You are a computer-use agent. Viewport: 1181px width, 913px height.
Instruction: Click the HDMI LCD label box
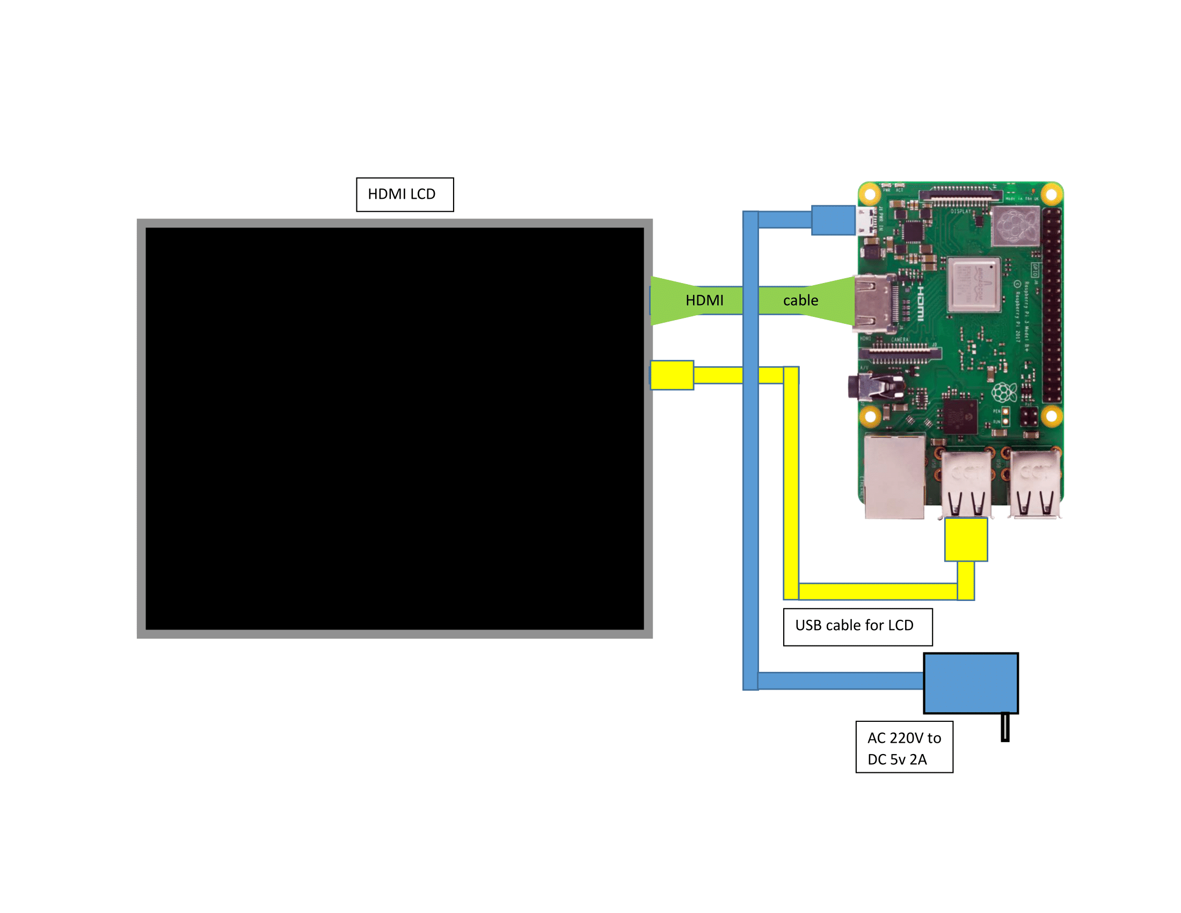pos(404,194)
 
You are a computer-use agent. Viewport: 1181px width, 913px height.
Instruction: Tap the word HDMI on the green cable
pos(704,300)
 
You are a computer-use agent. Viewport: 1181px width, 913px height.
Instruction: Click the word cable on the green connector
pos(800,300)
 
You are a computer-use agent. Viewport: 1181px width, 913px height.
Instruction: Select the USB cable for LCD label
pos(857,626)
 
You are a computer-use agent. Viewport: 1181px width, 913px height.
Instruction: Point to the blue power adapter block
pos(970,683)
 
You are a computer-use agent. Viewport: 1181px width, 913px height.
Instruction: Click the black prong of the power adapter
pos(1005,727)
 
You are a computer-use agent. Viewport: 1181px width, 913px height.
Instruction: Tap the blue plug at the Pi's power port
pos(833,220)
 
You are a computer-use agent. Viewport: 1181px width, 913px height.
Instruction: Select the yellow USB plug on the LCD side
pos(672,375)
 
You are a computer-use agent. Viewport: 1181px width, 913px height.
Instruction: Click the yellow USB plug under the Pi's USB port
pos(966,539)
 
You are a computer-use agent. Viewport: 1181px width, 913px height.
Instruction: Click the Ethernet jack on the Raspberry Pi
pos(894,476)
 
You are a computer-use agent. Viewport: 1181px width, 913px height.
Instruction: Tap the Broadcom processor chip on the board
pos(973,285)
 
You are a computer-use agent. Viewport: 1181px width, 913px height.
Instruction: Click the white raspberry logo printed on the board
pos(1004,391)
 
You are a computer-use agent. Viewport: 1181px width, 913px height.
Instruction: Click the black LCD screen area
pos(394,428)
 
